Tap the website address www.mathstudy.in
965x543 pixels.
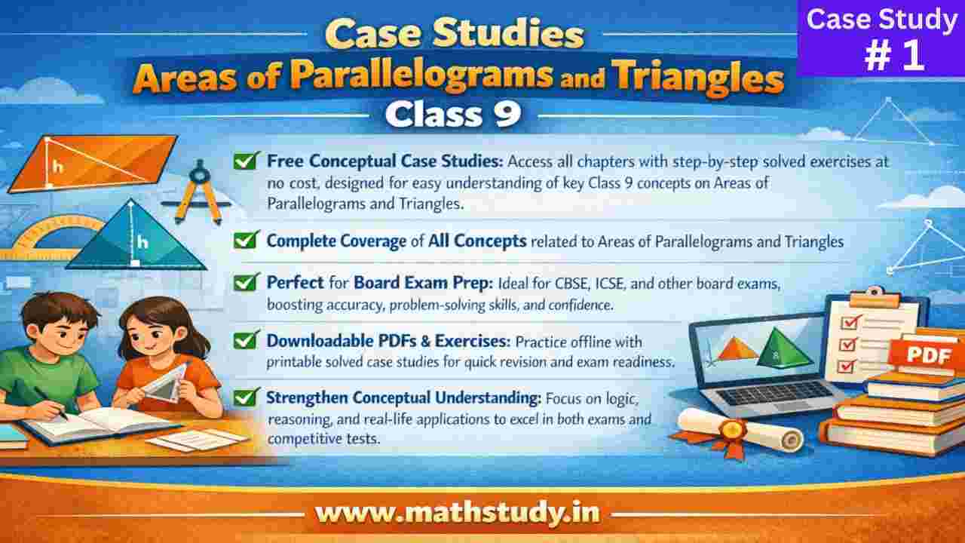click(x=458, y=513)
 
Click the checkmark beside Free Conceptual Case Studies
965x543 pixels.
click(x=244, y=160)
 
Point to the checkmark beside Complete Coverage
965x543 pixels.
click(x=244, y=241)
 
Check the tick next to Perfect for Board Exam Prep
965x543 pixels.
click(x=244, y=283)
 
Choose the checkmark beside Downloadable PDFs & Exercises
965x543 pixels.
click(x=244, y=340)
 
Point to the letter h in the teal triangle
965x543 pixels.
click(x=142, y=242)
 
